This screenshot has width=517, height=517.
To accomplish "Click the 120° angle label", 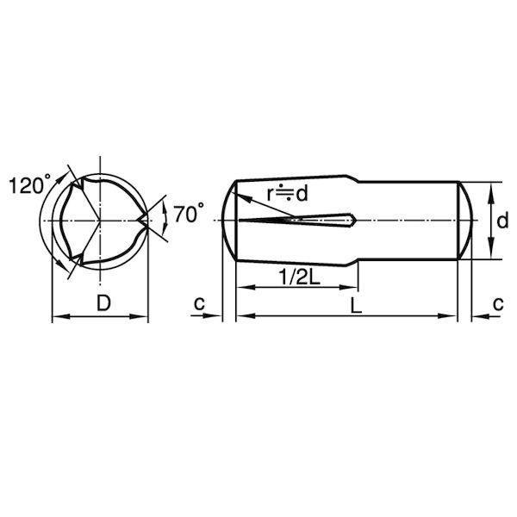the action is pyautogui.click(x=29, y=184).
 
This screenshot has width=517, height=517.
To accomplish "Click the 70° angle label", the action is pyautogui.click(x=189, y=213).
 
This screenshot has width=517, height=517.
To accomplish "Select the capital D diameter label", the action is pyautogui.click(x=103, y=302).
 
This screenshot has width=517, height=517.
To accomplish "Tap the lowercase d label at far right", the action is pyautogui.click(x=502, y=221).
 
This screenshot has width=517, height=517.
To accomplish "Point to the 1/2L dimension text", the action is pyautogui.click(x=299, y=277).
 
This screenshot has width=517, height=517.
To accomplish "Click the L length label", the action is pyautogui.click(x=356, y=305).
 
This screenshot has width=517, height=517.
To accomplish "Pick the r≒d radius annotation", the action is pyautogui.click(x=287, y=193).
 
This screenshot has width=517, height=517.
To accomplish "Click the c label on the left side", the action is pyautogui.click(x=199, y=302).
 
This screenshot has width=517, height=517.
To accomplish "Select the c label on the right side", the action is pyautogui.click(x=498, y=302).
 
